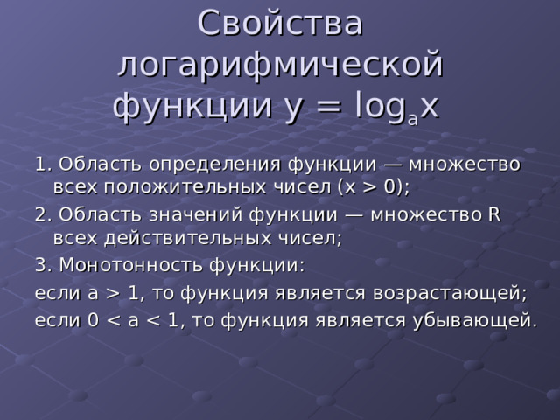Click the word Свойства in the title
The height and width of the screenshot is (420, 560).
pos(280,24)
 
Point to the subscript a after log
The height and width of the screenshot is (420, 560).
pos(412,119)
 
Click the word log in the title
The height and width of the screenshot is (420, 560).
pos(381,107)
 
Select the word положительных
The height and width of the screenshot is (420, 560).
pos(185,186)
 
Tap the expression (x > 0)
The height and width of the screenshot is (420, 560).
pos(371,186)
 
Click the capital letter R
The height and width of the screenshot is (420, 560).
pos(493,214)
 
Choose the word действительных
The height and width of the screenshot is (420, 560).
pos(187,238)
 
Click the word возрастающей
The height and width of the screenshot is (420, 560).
pos(450,293)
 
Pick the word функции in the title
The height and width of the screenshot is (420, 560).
pos(192,107)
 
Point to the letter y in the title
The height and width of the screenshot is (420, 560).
pos(293,110)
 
